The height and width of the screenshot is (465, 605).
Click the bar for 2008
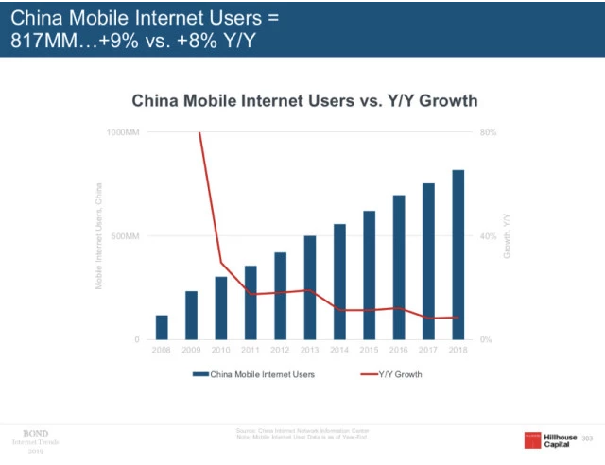162,327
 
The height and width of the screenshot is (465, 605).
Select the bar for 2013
310,287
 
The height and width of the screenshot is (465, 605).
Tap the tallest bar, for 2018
458,254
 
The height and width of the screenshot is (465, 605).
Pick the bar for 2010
221,308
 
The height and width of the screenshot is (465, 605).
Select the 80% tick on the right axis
488,132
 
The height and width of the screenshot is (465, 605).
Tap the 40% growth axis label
488,235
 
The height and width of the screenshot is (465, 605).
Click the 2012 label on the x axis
280,350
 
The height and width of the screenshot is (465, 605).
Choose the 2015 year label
369,350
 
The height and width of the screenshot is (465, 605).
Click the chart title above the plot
303,100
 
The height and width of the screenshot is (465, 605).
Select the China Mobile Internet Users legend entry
253,374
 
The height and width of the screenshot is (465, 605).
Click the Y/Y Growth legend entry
391,374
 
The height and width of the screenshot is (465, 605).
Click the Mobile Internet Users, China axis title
99,235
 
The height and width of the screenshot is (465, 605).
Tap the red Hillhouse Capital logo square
535,439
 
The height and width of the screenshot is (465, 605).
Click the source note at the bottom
303,434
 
